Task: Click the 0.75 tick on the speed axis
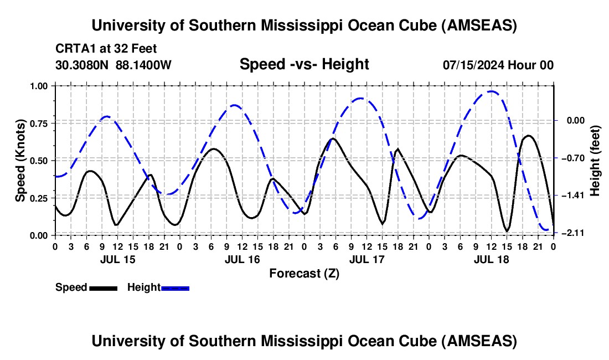(x=40, y=123)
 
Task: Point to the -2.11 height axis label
(x=570, y=233)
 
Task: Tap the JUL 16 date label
(x=242, y=259)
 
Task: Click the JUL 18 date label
(x=491, y=259)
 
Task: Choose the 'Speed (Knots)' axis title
(x=20, y=161)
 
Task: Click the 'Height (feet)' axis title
(x=595, y=161)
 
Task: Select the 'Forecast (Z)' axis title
(x=304, y=273)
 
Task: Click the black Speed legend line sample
(x=102, y=287)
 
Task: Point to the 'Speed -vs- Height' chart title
(x=304, y=64)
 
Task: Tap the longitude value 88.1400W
(x=143, y=65)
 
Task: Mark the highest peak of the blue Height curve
(x=491, y=91)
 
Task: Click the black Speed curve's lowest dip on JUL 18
(x=507, y=230)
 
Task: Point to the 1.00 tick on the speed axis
(x=40, y=86)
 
